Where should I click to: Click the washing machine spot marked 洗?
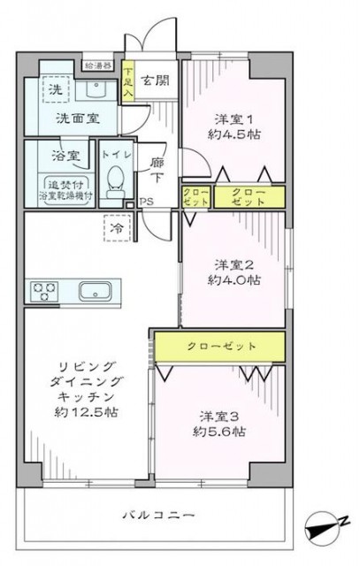pos(55,90)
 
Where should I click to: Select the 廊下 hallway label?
pos(157,169)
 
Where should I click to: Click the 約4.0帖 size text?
pos(234,280)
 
